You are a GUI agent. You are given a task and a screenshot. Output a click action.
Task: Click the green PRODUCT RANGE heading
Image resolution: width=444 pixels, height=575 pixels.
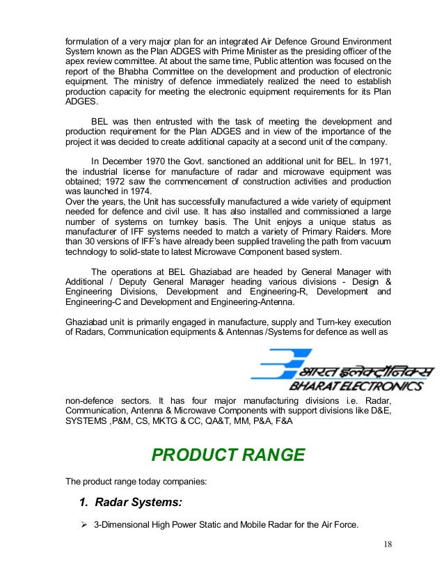228,455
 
